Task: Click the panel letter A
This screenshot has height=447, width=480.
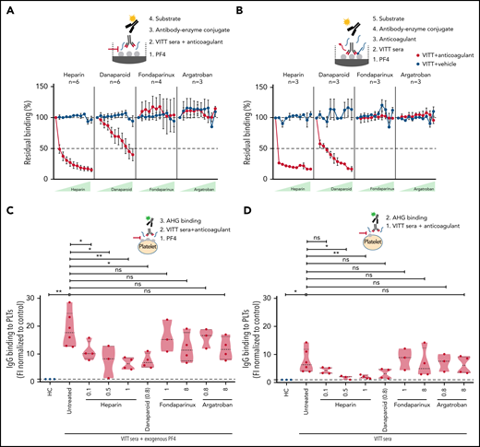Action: (x=6, y=6)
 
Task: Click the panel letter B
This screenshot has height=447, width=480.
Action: (x=245, y=6)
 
